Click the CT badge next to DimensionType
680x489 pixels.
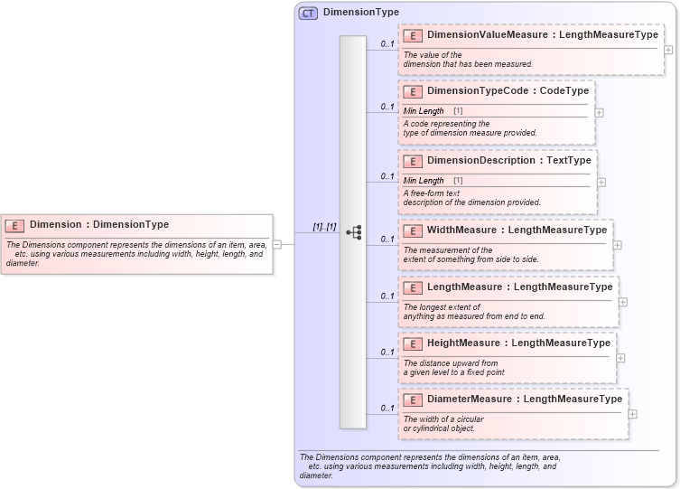point(308,13)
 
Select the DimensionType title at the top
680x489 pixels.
point(361,13)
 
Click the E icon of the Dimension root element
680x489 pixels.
point(14,225)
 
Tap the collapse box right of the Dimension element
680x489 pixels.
point(277,244)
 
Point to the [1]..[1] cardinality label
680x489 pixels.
point(324,227)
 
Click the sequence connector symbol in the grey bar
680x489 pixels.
point(353,232)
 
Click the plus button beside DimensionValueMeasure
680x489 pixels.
point(668,49)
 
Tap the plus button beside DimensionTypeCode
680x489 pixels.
point(600,113)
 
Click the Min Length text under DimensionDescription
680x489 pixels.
point(424,181)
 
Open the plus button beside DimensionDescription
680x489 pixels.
point(601,182)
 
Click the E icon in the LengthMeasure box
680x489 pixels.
point(412,287)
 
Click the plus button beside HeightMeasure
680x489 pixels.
point(620,358)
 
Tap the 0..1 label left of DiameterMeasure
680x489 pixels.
point(387,409)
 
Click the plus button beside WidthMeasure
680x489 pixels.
point(618,245)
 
